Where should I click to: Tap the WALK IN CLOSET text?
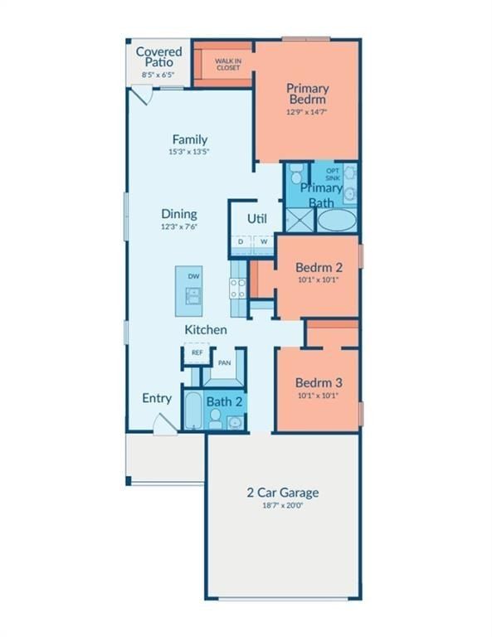227,64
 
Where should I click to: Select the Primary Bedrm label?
307,94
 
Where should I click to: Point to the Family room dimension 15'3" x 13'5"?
189,152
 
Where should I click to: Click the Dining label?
178,213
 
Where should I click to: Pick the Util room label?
256,219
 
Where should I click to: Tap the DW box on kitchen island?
193,276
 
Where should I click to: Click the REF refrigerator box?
197,353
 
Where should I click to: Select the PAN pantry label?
223,362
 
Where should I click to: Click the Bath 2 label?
224,401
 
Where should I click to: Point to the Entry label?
157,398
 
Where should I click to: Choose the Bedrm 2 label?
319,268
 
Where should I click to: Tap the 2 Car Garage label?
282,492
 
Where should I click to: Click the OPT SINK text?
332,174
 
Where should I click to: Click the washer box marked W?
264,242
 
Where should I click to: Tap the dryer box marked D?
241,242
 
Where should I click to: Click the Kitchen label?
205,329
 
